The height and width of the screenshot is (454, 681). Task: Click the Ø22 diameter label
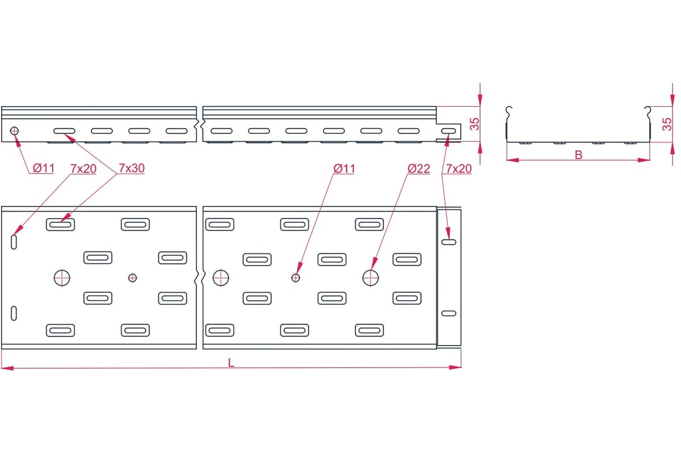click(x=419, y=169)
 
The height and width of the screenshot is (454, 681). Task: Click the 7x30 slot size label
click(x=131, y=168)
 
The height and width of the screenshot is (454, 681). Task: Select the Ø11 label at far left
click(x=44, y=168)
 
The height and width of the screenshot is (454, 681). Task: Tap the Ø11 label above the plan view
click(x=344, y=169)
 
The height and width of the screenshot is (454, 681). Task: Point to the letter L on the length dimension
click(x=231, y=363)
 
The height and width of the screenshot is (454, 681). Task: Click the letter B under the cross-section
click(x=578, y=155)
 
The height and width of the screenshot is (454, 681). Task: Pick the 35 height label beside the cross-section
click(x=667, y=124)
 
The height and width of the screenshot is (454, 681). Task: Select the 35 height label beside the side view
click(x=474, y=124)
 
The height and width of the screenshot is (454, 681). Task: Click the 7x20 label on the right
click(x=459, y=169)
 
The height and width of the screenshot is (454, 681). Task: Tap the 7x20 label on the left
click(x=83, y=169)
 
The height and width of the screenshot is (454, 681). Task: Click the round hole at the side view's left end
click(x=14, y=131)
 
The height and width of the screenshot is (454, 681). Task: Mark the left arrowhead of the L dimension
click(x=7, y=368)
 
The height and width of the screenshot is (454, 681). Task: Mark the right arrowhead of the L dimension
click(x=455, y=367)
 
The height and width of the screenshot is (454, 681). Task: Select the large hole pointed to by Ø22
click(x=371, y=278)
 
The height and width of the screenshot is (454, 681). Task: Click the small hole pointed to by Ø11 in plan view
click(x=296, y=278)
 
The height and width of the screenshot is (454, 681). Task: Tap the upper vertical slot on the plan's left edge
click(x=14, y=242)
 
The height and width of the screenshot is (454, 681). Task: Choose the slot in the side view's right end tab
click(x=449, y=131)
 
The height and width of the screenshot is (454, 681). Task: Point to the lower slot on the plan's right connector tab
click(x=449, y=313)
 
